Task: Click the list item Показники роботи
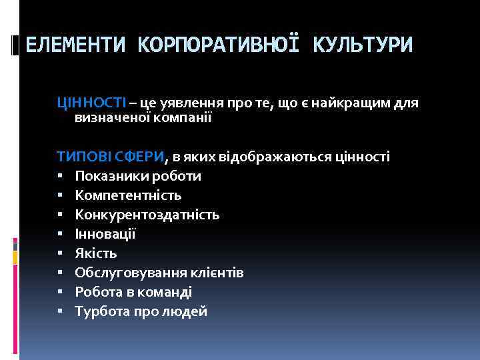coord(137,176)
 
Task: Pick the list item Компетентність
coord(128,195)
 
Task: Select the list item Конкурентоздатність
coord(147,215)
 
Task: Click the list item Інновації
coord(105,234)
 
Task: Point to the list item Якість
coord(96,253)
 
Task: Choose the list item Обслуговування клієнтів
coord(159,273)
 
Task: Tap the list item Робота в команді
coord(133,292)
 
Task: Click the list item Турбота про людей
coord(141,311)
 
